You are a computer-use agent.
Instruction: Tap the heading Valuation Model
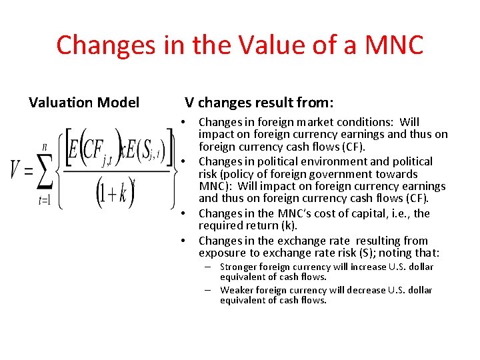(84, 103)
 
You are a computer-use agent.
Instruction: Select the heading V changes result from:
(259, 103)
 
